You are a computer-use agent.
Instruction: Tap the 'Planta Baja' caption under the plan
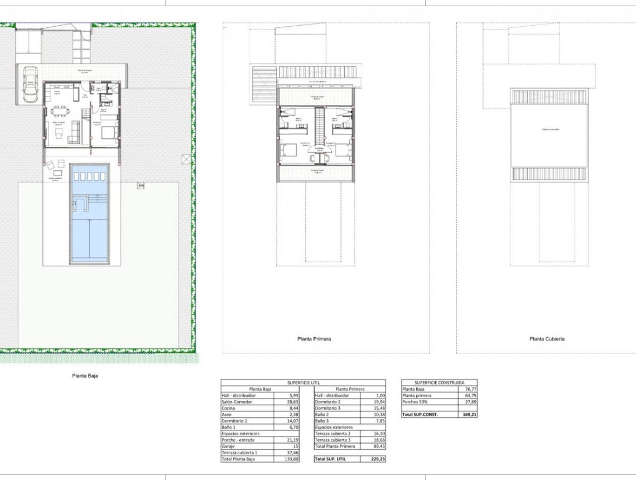pos(86,376)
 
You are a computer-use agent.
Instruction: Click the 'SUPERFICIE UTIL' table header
pos(303,383)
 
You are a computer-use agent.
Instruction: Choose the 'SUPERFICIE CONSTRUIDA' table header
pos(440,383)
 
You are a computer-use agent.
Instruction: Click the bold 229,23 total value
pos(377,459)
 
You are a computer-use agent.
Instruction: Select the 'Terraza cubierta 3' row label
pos(333,440)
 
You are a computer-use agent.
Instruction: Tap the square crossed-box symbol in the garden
pos(186,159)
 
